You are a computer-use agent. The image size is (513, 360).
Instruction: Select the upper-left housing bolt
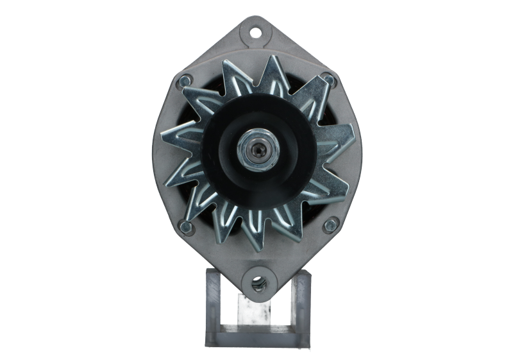click(185, 81)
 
